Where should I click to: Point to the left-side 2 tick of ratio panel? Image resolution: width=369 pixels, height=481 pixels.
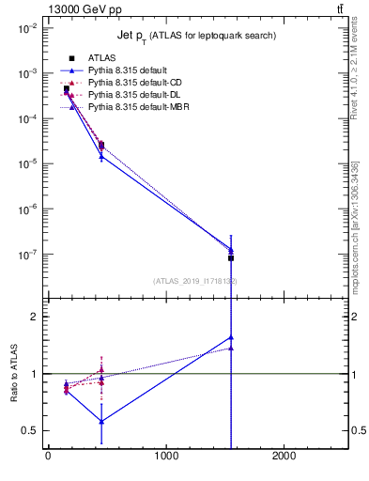[33, 317]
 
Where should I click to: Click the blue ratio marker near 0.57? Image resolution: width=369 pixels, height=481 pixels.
[101, 422]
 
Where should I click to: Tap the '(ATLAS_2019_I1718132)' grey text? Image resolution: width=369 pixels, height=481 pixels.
[195, 281]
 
